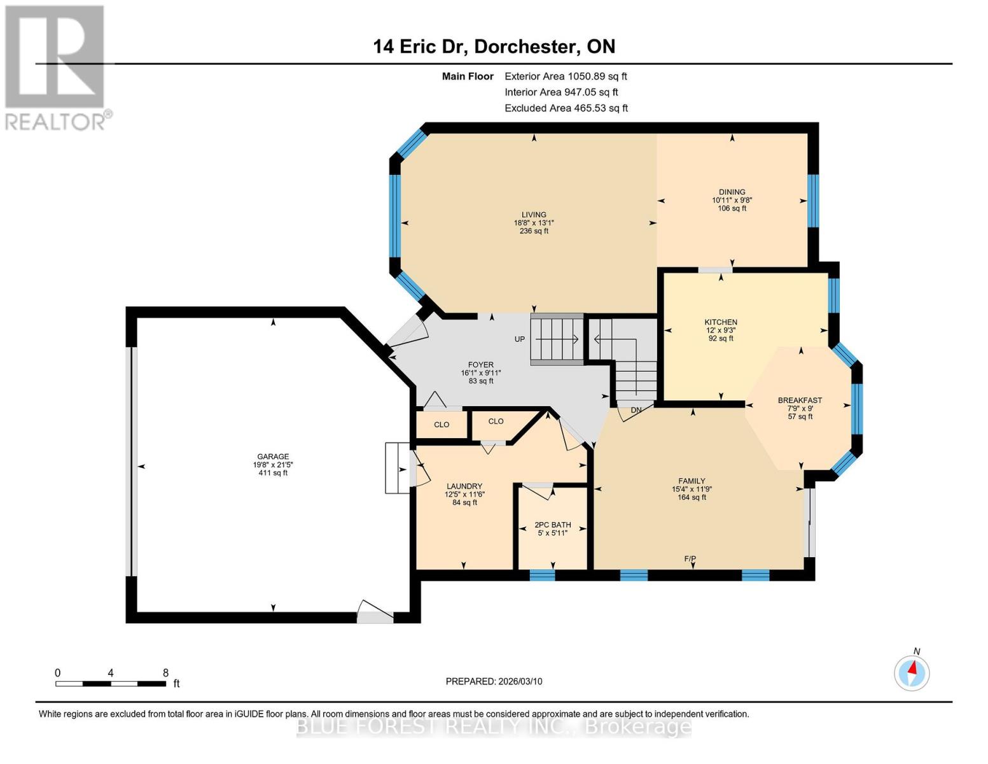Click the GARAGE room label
(273, 456)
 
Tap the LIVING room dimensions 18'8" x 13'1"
(534, 223)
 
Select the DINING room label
(732, 192)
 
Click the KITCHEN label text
(720, 322)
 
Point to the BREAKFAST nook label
(800, 400)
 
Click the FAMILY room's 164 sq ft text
(692, 497)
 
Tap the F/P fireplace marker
(690, 559)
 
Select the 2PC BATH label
(552, 525)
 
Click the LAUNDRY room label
(464, 486)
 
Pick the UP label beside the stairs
(520, 339)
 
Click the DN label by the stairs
(636, 411)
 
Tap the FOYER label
(480, 365)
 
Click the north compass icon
(912, 672)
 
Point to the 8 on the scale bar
(165, 673)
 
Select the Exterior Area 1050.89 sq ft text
(566, 76)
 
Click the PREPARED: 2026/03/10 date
(494, 681)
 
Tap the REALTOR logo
(56, 67)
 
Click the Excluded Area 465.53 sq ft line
(566, 108)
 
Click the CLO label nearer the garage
(442, 425)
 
